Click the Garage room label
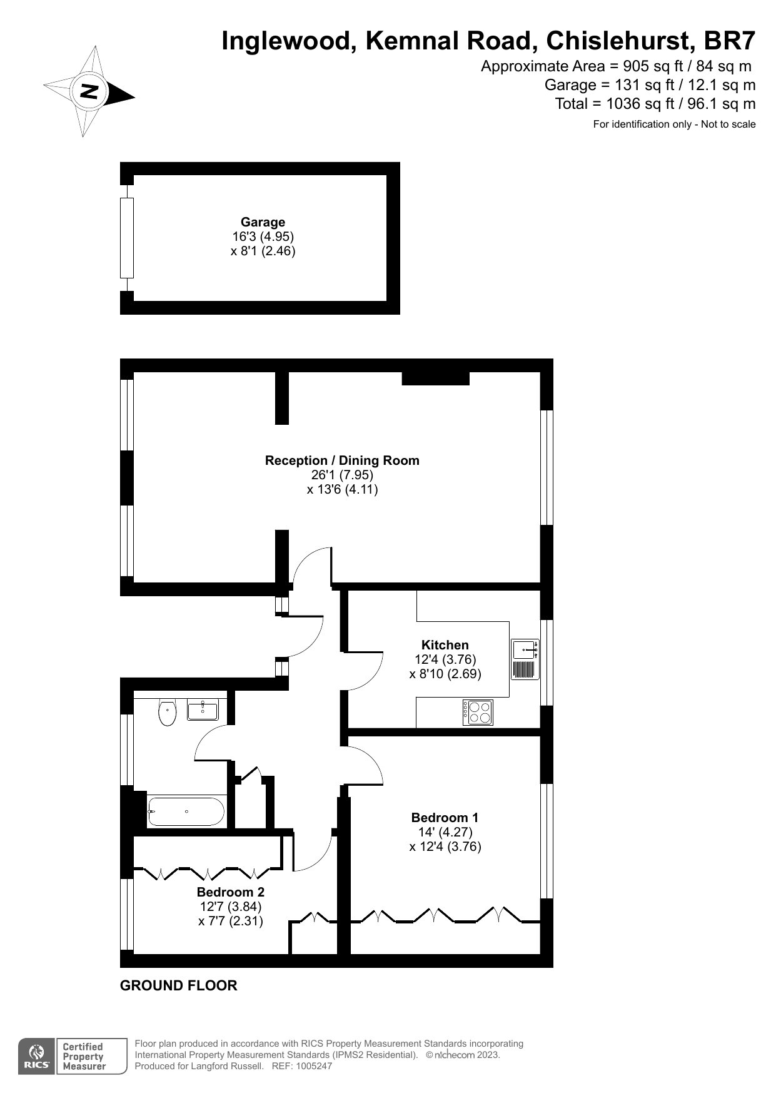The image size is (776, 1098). pyautogui.click(x=263, y=222)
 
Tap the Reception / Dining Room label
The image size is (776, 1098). pyautogui.click(x=342, y=460)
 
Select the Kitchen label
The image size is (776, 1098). pyautogui.click(x=445, y=645)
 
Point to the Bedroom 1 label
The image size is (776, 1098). pyautogui.click(x=445, y=817)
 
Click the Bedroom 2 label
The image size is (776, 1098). pyautogui.click(x=230, y=892)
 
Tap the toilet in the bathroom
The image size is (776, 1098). pyautogui.click(x=167, y=713)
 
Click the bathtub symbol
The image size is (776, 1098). pyautogui.click(x=186, y=811)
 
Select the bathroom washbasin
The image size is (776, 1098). pyautogui.click(x=203, y=710)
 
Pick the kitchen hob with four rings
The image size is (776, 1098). pyautogui.click(x=478, y=713)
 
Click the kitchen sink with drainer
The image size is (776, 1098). pyautogui.click(x=525, y=659)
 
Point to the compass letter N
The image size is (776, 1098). pyautogui.click(x=90, y=92)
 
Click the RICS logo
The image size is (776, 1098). pyautogui.click(x=37, y=1057)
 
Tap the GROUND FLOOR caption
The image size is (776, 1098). pyautogui.click(x=178, y=985)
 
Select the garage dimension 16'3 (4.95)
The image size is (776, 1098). pyautogui.click(x=263, y=236)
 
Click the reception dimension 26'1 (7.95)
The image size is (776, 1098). pyautogui.click(x=342, y=475)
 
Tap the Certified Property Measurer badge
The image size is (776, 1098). pyautogui.click(x=84, y=1057)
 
